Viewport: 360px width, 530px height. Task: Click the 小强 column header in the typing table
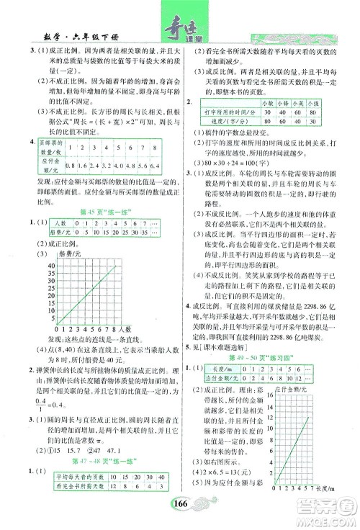[314, 103]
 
